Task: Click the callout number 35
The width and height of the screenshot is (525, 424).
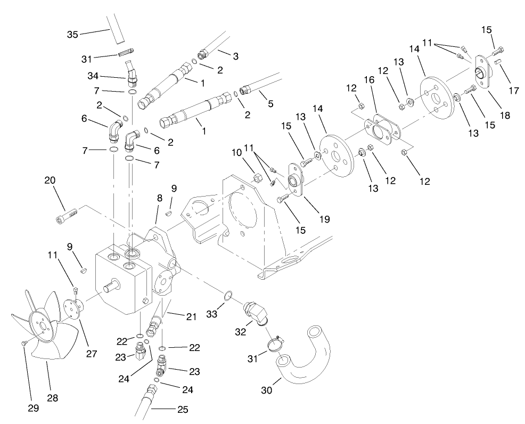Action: (72, 35)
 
